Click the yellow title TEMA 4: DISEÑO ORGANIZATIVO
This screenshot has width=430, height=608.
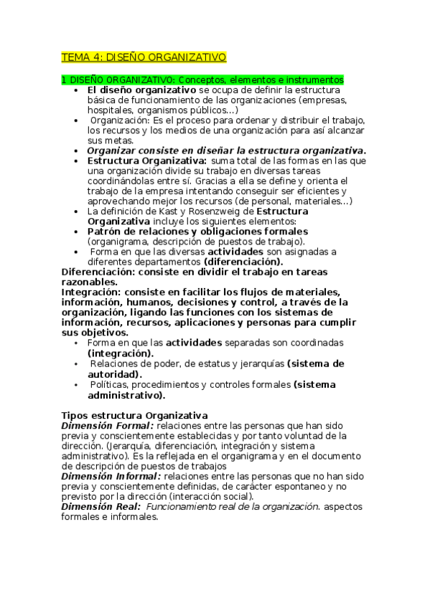click(x=144, y=57)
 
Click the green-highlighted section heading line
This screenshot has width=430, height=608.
click(x=202, y=80)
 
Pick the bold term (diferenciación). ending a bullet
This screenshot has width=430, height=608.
click(x=243, y=262)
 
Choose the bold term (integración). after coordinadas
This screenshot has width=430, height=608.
click(x=120, y=353)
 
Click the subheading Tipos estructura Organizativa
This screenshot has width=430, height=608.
click(x=135, y=415)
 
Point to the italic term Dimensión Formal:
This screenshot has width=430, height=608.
click(x=108, y=425)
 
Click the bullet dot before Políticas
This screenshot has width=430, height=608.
click(x=78, y=385)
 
